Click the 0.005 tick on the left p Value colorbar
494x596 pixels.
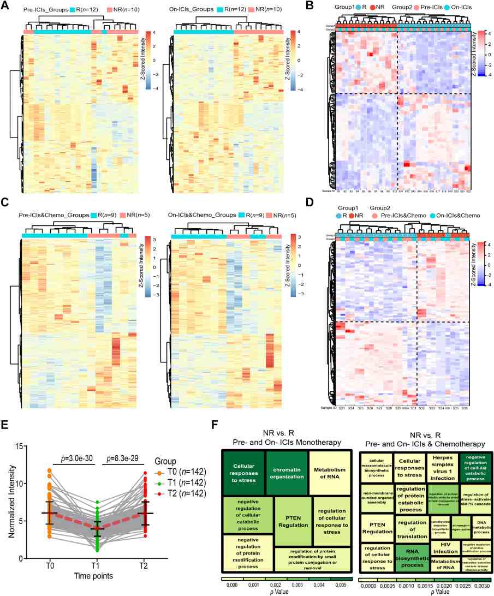pos(337,585)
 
